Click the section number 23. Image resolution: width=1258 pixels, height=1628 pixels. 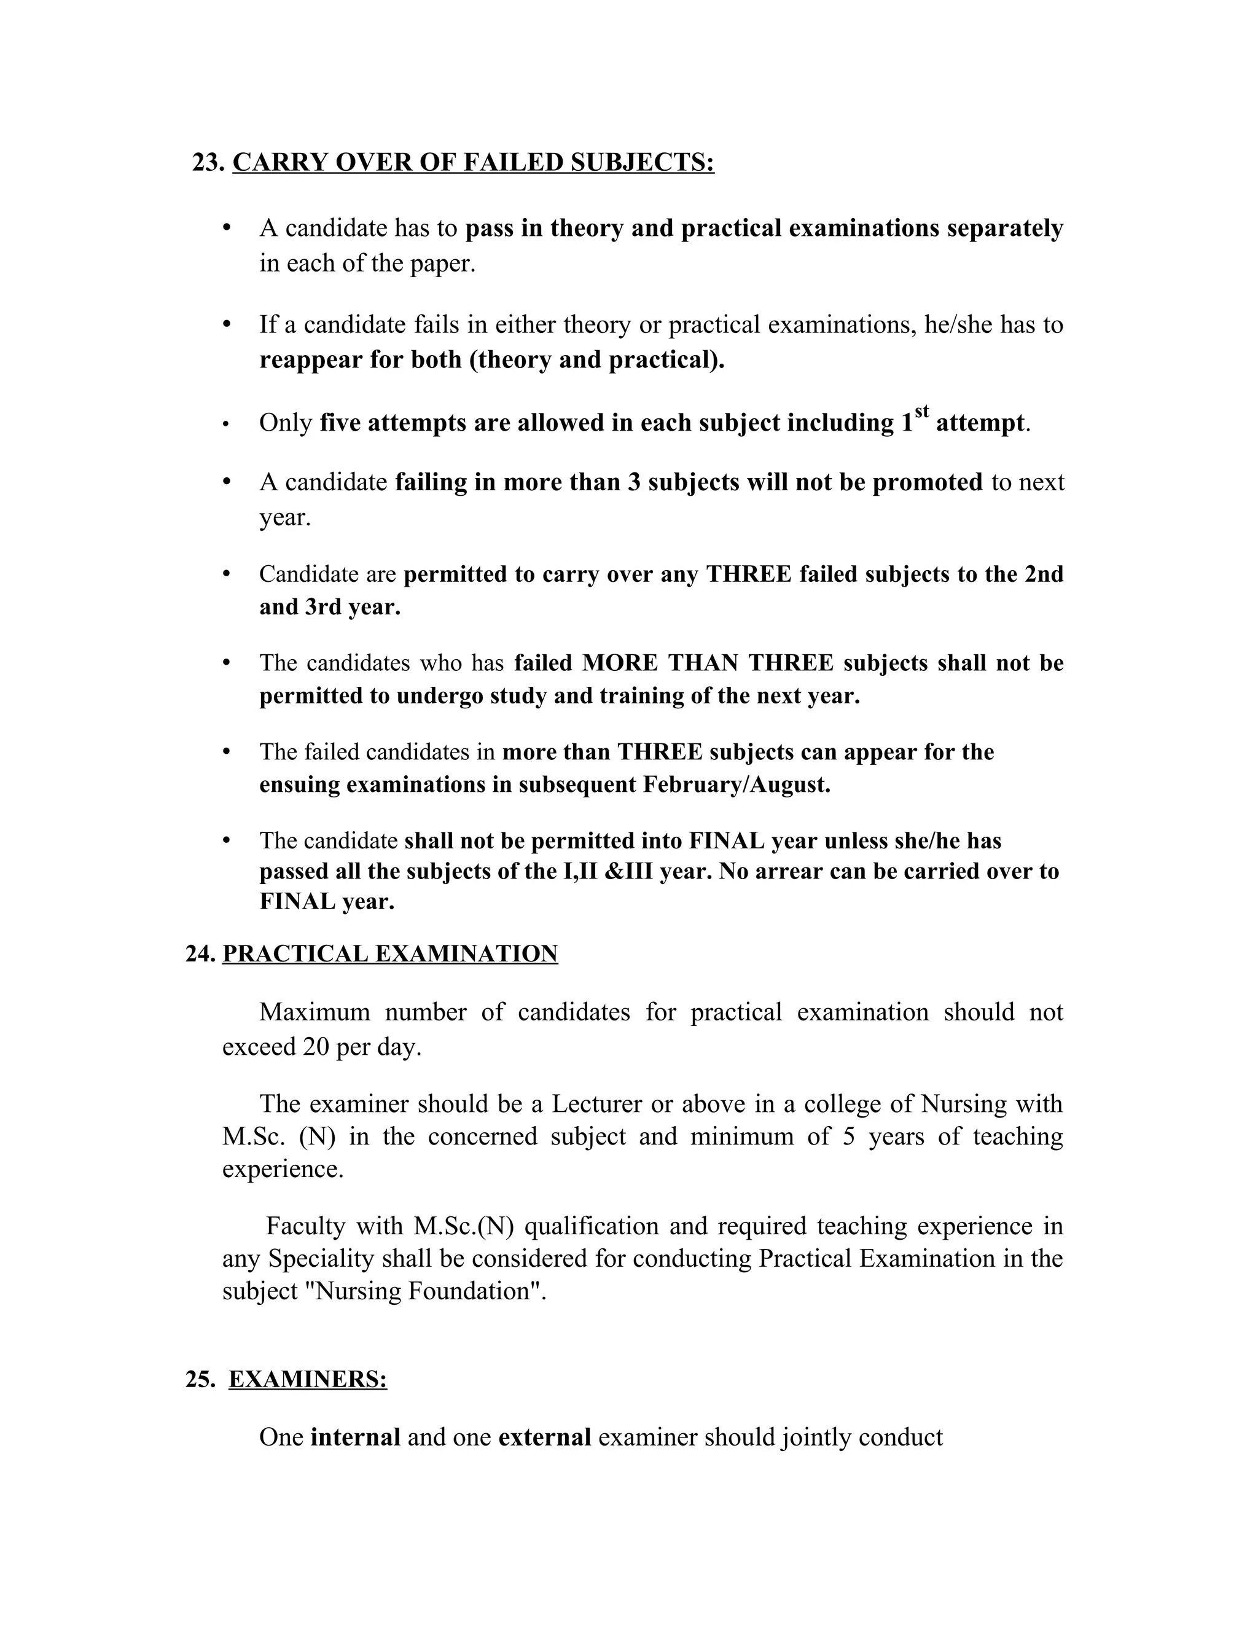pyautogui.click(x=208, y=163)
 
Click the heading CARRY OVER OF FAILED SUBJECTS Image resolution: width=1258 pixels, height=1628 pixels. pyautogui.click(x=473, y=163)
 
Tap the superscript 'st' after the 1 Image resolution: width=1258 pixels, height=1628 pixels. pyautogui.click(x=922, y=412)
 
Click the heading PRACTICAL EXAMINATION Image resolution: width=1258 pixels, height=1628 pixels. pyautogui.click(x=390, y=954)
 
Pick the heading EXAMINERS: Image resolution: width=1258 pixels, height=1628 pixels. pyautogui.click(x=307, y=1380)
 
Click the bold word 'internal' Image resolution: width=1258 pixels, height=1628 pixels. pyautogui.click(x=355, y=1437)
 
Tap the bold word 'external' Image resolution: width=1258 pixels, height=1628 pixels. pyautogui.click(x=544, y=1437)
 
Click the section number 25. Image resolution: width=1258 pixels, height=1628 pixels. pyautogui.click(x=200, y=1380)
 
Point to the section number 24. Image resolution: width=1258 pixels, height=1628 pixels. pyautogui.click(x=200, y=954)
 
